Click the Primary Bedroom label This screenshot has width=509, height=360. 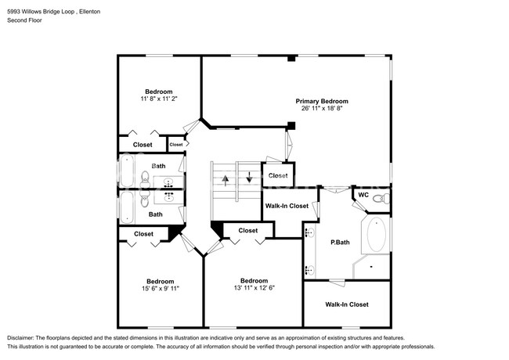(322, 101)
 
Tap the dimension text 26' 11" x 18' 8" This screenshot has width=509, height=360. (322, 108)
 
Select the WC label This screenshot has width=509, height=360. (363, 195)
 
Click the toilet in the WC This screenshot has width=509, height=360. (381, 198)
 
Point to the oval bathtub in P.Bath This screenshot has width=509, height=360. (376, 235)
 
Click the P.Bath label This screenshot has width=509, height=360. (340, 243)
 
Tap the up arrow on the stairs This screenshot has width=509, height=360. (226, 180)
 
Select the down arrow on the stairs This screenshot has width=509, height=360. (249, 177)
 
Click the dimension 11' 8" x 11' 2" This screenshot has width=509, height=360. (159, 99)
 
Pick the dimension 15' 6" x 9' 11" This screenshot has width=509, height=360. (161, 288)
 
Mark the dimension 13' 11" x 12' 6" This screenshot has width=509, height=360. (254, 288)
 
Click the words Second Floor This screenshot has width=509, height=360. (25, 20)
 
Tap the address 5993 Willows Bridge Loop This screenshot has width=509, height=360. (41, 12)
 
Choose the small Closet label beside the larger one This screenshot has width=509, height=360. (176, 145)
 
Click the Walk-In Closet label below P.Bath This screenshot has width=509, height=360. (347, 304)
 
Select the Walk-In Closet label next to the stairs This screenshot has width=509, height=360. (287, 206)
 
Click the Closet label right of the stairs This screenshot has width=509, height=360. (278, 175)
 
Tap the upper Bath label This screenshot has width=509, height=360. (158, 166)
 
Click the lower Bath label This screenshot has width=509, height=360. (156, 214)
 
